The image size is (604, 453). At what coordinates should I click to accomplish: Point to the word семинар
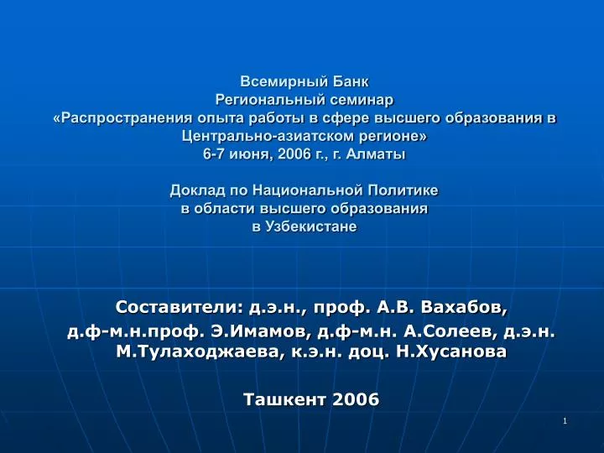pos(357,100)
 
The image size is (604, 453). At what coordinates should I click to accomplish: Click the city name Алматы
pos(376,154)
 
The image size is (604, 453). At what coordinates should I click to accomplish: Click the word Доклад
pos(198,190)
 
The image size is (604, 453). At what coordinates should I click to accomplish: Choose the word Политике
pos(403,190)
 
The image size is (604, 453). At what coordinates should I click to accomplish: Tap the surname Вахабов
pos(464,307)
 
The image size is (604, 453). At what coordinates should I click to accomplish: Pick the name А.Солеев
pos(448,331)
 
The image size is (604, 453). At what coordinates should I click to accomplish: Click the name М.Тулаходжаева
pos(197,351)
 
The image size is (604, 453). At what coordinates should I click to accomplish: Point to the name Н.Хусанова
pos(451,351)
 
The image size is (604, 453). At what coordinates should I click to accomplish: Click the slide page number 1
pos(565,421)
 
